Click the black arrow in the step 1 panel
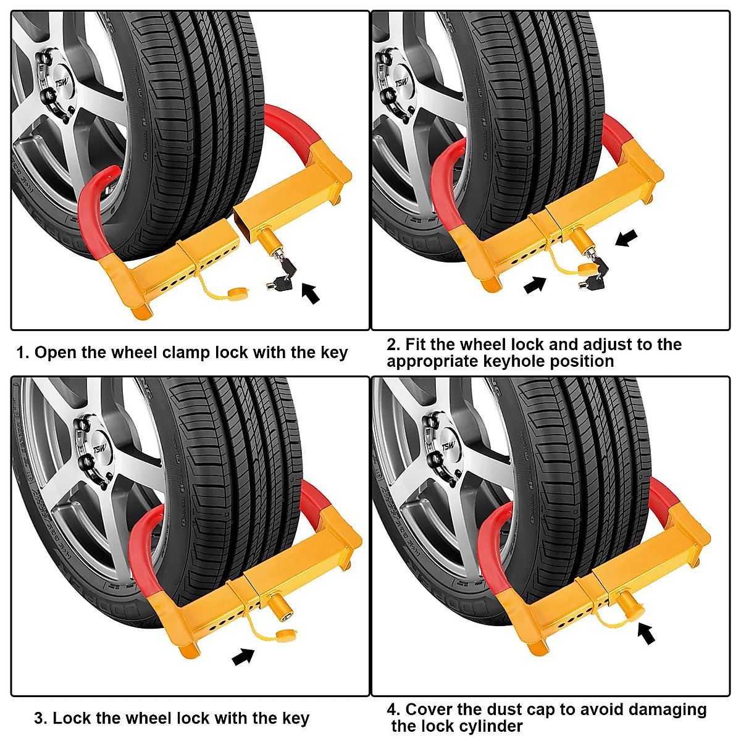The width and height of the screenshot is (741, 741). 311,292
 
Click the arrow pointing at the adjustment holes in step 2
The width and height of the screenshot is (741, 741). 535,285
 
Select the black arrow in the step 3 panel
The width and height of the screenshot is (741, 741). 243,656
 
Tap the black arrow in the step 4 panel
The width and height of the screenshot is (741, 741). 646,634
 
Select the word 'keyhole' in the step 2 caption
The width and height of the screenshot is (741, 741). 514,361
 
